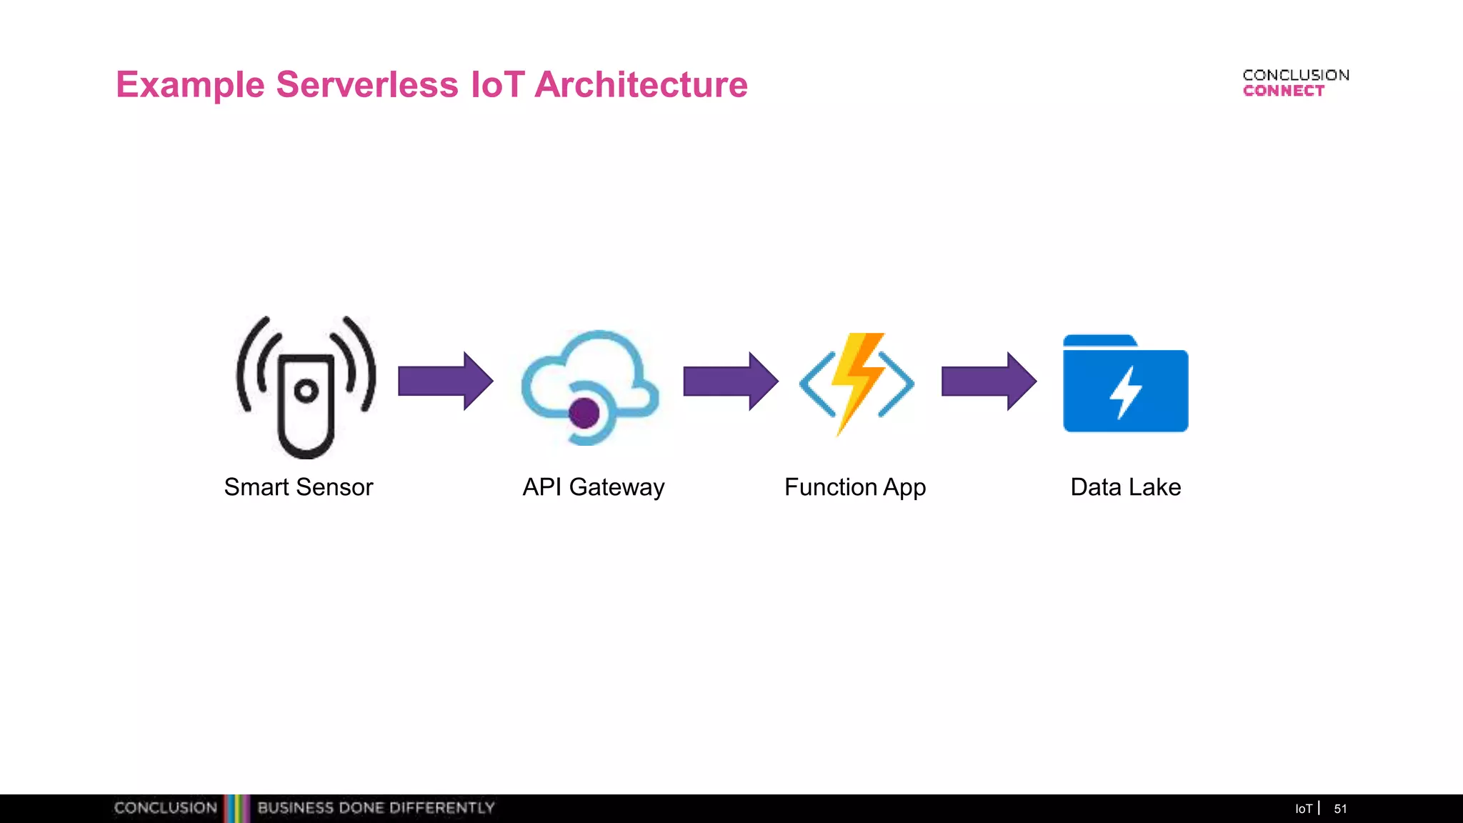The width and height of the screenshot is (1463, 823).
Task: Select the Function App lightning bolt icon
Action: (x=857, y=384)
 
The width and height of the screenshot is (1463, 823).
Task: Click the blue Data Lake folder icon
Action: (x=1125, y=386)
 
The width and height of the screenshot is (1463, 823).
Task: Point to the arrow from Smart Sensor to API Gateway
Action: (x=444, y=381)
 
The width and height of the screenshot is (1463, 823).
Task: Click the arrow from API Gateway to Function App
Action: (x=729, y=381)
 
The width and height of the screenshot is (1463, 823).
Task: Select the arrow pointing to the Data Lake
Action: (x=988, y=381)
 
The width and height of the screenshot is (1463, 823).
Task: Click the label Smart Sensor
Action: (x=299, y=487)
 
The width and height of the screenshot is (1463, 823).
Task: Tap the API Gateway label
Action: (x=593, y=487)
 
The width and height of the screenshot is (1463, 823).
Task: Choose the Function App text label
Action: (x=855, y=487)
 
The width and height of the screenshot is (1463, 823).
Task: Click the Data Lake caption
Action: (x=1125, y=487)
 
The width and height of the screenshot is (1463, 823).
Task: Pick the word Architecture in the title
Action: (x=641, y=84)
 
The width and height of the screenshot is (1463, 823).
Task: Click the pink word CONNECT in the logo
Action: (x=1283, y=91)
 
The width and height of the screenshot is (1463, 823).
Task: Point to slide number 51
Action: (x=1340, y=809)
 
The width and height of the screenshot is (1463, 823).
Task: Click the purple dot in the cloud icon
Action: (x=584, y=413)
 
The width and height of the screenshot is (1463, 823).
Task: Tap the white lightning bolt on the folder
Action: (x=1126, y=391)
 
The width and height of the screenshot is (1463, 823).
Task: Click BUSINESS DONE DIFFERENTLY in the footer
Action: (x=376, y=808)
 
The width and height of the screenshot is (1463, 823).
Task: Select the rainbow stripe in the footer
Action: (x=237, y=808)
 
